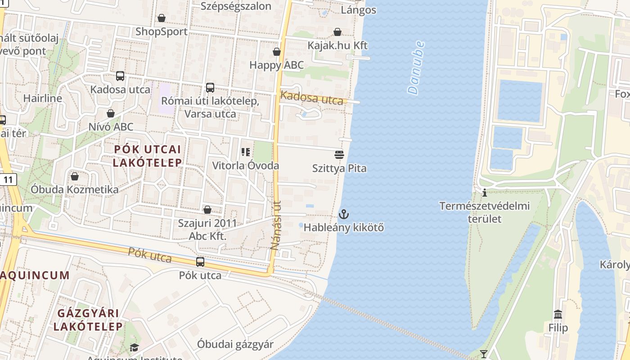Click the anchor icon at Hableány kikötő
pos(344,214)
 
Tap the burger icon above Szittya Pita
pos(339,155)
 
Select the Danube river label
pos(416,67)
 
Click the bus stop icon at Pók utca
pos(200,262)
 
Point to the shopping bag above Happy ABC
pos(277,52)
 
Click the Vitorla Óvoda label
pos(246,166)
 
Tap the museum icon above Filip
pos(558,314)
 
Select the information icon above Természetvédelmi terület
pos(485,193)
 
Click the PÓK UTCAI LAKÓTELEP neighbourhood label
pos(147,156)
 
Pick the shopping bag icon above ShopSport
pos(162,18)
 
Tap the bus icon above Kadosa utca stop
pos(120,76)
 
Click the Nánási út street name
pos(275,225)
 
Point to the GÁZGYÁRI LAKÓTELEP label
pos(88,319)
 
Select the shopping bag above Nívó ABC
pos(111,113)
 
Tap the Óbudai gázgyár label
pos(235,345)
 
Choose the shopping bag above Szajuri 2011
pos(207,210)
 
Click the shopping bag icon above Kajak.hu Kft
pos(337,32)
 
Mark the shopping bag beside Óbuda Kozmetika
pos(75,176)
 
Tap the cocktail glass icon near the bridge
pos(484,354)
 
